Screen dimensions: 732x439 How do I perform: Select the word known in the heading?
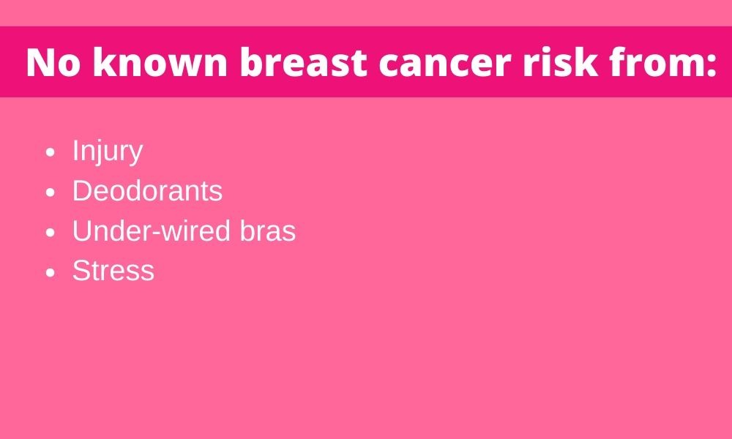pos(160,61)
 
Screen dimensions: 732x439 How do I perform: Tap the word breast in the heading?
pos(304,61)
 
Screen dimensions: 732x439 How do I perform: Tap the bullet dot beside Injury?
pos(51,153)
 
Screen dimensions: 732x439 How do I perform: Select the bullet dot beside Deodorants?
pos(51,192)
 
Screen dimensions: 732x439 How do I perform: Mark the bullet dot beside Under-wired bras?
pos(51,233)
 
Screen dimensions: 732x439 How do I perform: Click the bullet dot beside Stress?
pos(51,272)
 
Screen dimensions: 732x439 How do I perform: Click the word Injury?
pos(108,152)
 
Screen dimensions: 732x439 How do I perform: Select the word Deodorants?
pos(148,191)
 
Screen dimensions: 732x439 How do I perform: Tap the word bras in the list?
pos(267,230)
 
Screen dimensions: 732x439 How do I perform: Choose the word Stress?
pos(113,271)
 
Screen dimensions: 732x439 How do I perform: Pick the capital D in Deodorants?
pos(82,191)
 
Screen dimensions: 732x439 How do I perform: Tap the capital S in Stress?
pos(81,271)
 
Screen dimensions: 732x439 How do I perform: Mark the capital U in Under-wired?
pos(82,231)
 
